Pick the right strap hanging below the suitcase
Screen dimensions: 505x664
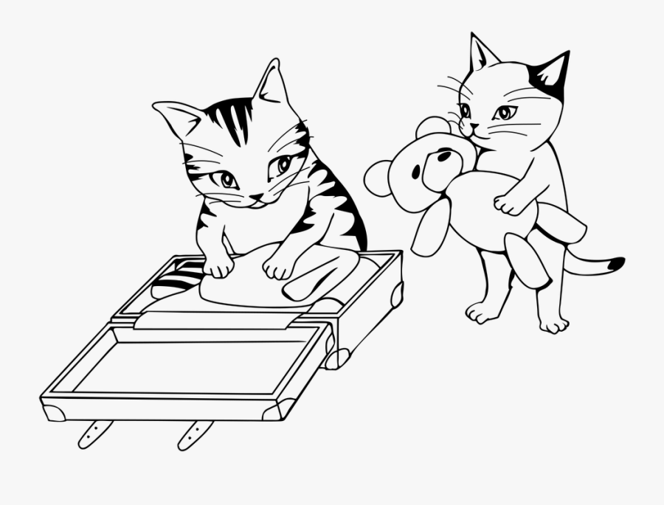(194, 434)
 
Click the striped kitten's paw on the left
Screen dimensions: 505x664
(218, 265)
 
